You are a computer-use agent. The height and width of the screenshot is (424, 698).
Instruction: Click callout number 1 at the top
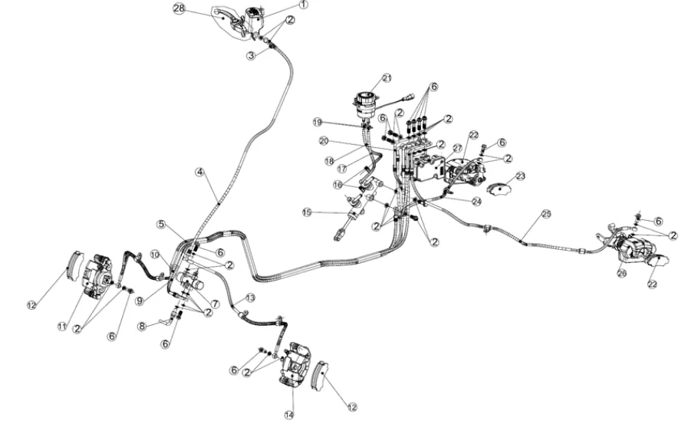click(x=303, y=5)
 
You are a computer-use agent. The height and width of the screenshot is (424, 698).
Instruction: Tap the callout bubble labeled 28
click(x=179, y=8)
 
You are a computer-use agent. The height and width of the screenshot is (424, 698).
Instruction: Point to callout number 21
click(x=387, y=78)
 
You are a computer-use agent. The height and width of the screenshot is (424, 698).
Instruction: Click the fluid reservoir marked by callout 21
click(x=364, y=104)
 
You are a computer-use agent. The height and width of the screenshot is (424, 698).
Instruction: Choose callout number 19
click(x=317, y=122)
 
